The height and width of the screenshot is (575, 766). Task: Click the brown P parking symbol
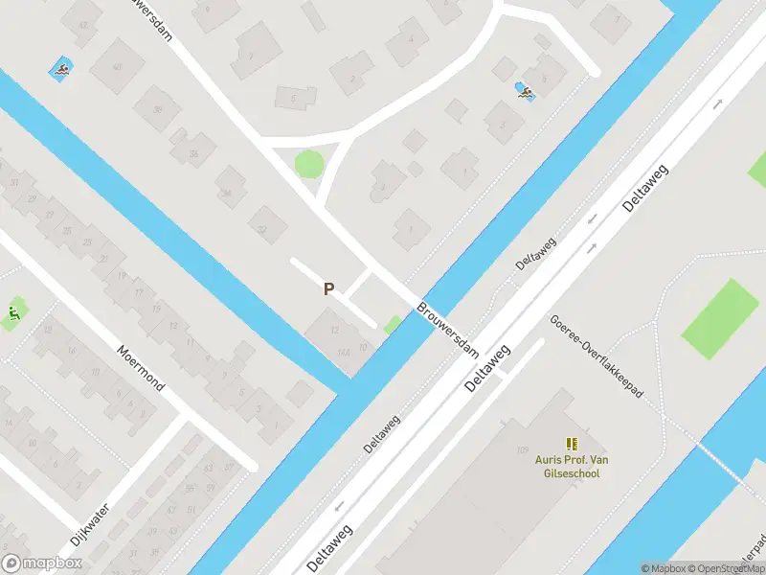click(328, 288)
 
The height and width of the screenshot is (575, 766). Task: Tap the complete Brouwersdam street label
click(447, 331)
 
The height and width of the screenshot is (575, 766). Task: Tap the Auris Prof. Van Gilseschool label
click(573, 467)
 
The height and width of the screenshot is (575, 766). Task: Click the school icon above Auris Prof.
click(573, 444)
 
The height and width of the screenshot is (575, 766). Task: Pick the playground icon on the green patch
click(13, 312)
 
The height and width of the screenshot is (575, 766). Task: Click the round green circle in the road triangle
click(308, 164)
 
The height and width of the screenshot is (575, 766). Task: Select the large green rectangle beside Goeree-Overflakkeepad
click(720, 318)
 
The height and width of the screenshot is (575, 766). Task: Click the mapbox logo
click(42, 563)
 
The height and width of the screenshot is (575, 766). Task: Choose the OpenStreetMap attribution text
click(723, 568)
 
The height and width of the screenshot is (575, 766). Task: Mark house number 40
click(117, 67)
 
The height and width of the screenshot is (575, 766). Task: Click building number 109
click(522, 449)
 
